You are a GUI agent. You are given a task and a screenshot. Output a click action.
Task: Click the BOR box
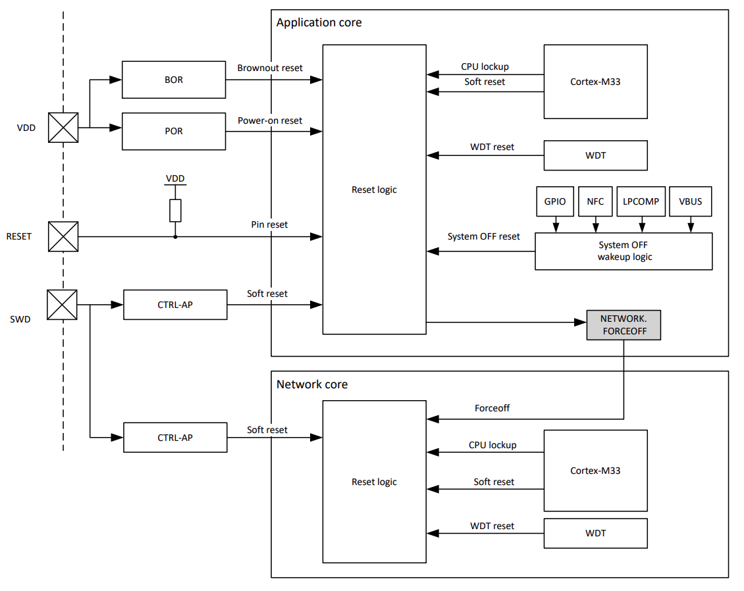click(x=174, y=80)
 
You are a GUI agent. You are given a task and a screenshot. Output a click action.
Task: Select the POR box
click(x=174, y=131)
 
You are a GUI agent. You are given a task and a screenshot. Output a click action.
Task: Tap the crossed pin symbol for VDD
click(x=63, y=128)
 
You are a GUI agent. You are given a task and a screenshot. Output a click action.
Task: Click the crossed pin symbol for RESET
click(x=63, y=236)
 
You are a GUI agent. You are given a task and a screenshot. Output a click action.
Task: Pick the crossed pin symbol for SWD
click(x=63, y=305)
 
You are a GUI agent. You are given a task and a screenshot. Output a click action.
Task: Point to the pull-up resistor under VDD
click(x=175, y=211)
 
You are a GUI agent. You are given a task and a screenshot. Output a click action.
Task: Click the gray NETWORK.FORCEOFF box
click(x=624, y=325)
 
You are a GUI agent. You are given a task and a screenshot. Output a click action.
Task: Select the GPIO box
click(x=555, y=202)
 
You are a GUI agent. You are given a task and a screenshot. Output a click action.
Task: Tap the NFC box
click(x=595, y=202)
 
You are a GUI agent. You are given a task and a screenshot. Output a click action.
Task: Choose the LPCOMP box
click(x=641, y=202)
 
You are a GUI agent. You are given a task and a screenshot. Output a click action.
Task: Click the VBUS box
click(x=691, y=202)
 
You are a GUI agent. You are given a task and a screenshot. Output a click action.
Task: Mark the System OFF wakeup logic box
click(x=624, y=251)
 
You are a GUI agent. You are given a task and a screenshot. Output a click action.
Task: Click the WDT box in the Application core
click(x=595, y=155)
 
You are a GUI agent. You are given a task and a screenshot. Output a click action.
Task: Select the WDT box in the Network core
click(x=595, y=533)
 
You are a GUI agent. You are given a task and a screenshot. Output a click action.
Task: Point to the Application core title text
click(x=319, y=22)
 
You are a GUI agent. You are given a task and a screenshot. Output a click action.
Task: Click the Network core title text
click(x=312, y=384)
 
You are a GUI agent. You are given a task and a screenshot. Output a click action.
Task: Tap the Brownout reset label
click(x=270, y=68)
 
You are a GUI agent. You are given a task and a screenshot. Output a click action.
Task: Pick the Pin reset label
click(x=269, y=224)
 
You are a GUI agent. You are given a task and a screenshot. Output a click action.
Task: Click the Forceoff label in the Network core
click(x=492, y=408)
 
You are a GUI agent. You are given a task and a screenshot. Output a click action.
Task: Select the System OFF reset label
click(x=483, y=236)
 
